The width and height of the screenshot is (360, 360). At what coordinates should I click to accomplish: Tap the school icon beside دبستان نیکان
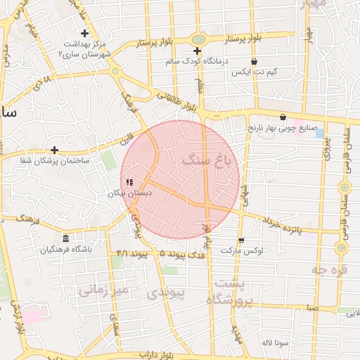pyautogui.click(x=129, y=182)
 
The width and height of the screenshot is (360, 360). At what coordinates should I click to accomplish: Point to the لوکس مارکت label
pyautogui.click(x=241, y=250)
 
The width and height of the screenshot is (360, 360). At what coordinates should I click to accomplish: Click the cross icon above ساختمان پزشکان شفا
pyautogui.click(x=54, y=150)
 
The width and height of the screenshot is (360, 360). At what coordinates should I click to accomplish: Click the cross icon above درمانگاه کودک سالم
pyautogui.click(x=197, y=51)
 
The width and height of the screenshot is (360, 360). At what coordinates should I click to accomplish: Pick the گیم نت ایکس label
pyautogui.click(x=254, y=72)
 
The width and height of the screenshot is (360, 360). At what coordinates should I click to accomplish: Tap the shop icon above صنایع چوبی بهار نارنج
pyautogui.click(x=283, y=117)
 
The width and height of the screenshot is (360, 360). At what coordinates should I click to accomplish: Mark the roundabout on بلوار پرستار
pyautogui.click(x=199, y=39)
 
